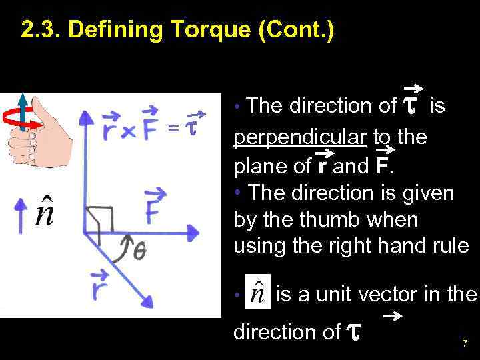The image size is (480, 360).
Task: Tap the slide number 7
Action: [x=465, y=343]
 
